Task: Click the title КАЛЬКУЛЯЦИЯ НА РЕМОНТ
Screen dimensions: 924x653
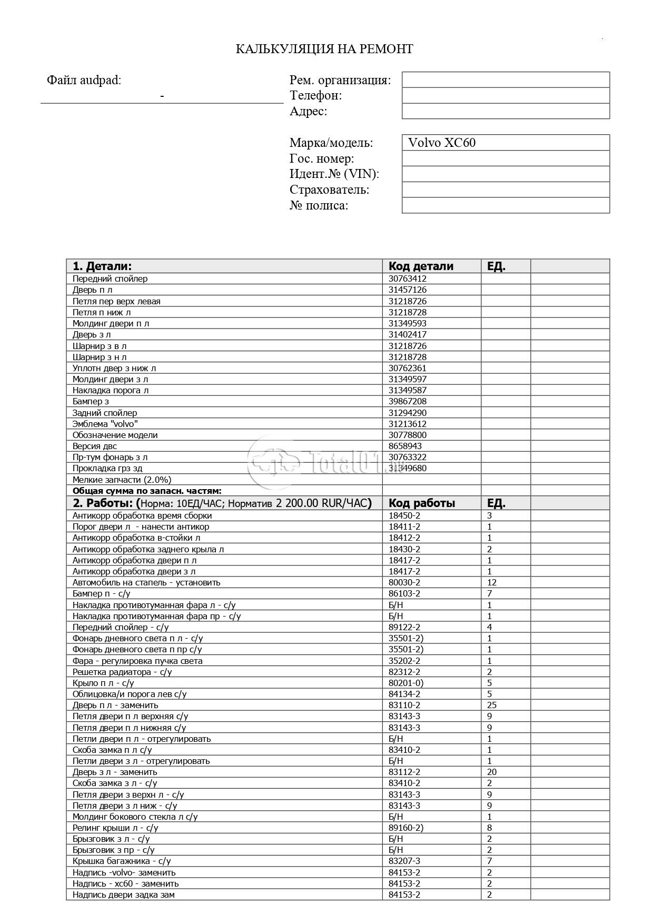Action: [x=324, y=49]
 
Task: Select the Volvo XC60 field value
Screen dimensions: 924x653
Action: [x=442, y=143]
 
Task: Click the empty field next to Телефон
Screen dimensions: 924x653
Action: [x=506, y=96]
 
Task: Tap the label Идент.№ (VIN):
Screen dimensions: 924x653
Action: [x=334, y=174]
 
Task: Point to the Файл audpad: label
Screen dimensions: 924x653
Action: [x=84, y=80]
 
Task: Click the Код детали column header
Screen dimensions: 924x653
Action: [x=421, y=266]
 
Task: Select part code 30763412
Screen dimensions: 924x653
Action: [x=408, y=279]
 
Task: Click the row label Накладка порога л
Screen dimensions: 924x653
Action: [x=111, y=390]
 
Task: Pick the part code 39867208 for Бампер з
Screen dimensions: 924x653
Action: [x=408, y=401]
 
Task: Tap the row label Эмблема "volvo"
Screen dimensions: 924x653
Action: [x=105, y=424]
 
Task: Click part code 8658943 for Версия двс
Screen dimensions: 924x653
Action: [x=405, y=446]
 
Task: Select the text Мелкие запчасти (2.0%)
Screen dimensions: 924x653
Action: [x=122, y=480]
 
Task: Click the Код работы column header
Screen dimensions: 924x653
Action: [x=422, y=503]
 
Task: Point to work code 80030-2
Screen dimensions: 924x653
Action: [x=404, y=582]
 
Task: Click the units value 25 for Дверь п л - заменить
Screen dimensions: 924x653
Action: [x=492, y=705]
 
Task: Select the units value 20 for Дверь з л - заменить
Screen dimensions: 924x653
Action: [x=492, y=772]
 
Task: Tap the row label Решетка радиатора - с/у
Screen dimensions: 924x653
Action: [x=122, y=672]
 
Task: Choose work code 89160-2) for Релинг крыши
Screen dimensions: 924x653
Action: [x=406, y=828]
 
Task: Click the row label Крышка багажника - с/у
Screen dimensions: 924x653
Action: [x=122, y=861]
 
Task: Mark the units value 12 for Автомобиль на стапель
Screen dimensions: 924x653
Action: [x=492, y=582]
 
